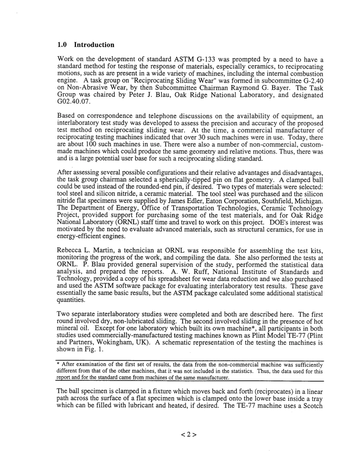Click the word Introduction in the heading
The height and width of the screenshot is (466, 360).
(x=94, y=45)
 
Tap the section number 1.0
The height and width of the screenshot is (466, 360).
(x=62, y=45)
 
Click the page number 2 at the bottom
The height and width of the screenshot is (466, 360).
(x=188, y=435)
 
